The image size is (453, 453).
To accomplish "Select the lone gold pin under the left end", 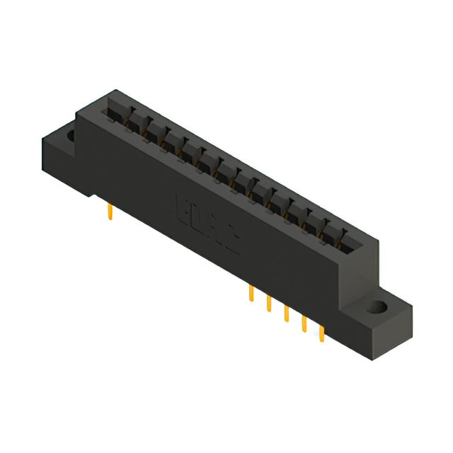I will pos(110,212).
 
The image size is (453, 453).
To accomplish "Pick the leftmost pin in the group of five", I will pos(251,294).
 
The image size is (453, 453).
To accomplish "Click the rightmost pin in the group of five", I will pos(322,333).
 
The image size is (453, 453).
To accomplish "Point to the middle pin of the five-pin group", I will pos(287,314).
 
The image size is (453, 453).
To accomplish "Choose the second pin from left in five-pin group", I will pos(269,304).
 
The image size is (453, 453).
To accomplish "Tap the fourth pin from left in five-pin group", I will pos(304,323).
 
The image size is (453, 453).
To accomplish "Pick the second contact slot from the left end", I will pos(134,121).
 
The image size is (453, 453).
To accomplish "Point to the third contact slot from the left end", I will pos(153,131).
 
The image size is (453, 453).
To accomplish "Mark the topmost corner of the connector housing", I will pos(115,90).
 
